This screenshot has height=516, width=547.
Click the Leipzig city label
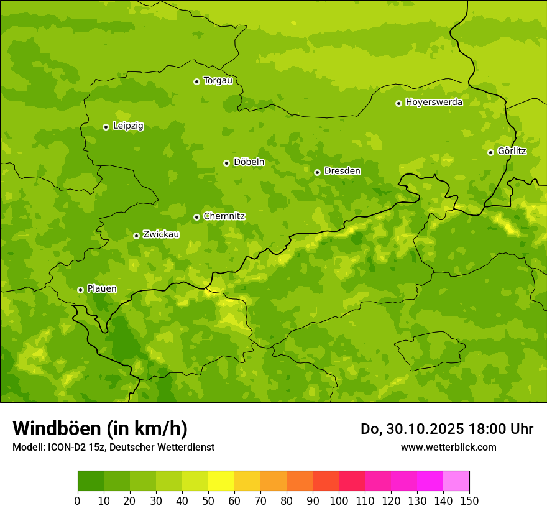coord(128,126)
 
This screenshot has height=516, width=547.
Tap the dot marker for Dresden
coord(317,172)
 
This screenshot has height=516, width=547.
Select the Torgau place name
coord(218,81)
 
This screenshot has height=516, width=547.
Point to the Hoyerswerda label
coord(434,103)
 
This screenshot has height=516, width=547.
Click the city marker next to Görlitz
coord(490,152)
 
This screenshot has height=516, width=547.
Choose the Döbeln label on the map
coord(249,162)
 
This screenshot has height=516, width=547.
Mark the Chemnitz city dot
coord(196,217)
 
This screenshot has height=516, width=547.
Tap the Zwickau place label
coord(161,234)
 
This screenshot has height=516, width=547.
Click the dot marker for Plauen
coord(80,290)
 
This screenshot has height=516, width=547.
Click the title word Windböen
coord(56,429)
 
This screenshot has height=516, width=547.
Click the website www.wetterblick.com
coord(448,447)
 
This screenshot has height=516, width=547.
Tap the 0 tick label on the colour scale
coord(78,501)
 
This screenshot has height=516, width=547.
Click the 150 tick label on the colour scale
coord(469,501)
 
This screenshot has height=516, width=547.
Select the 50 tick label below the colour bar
coord(208,501)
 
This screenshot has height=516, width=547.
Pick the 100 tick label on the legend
coord(339,501)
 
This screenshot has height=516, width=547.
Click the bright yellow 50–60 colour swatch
coord(221,481)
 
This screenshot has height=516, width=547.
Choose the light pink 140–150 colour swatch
coord(456,481)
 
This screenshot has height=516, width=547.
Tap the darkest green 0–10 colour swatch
coord(91,481)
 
